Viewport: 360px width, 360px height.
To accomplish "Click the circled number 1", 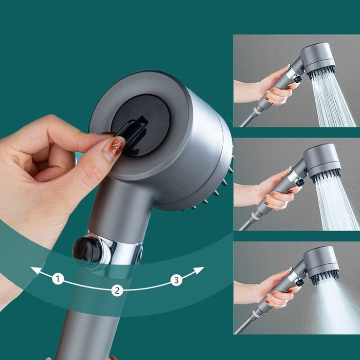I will click(58, 279).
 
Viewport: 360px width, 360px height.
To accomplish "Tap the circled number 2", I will click(117, 290).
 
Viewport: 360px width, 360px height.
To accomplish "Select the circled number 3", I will click(176, 280).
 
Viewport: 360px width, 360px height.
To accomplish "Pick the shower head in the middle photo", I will click(321, 160).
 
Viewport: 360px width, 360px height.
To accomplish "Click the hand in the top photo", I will click(273, 87).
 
